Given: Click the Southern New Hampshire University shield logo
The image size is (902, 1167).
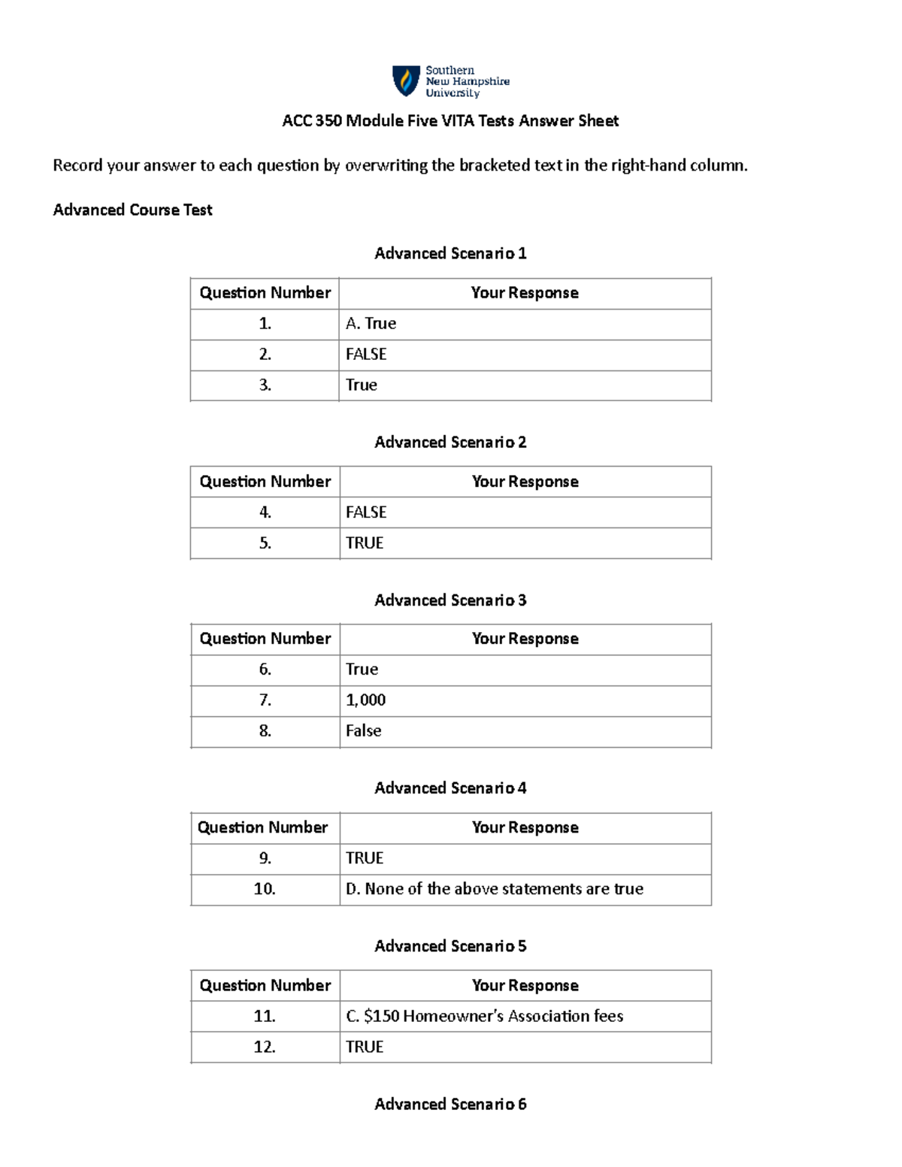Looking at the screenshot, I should [x=406, y=81].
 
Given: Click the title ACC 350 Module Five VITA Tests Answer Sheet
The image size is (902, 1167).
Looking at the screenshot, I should [x=450, y=121].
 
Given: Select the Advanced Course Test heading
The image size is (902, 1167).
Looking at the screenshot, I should [x=132, y=210].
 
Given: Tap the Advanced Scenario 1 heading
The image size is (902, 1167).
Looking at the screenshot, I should [x=450, y=254].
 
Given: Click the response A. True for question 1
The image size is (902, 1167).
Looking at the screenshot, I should [x=371, y=324].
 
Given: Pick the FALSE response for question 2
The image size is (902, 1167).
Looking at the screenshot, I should [x=366, y=355].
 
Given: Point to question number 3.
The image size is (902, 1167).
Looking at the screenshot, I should [x=265, y=385].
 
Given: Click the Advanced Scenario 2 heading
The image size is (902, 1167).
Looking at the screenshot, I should [x=450, y=443].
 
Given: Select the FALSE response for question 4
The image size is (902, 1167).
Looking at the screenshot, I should [x=366, y=512].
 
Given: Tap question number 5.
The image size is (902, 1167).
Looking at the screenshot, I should [x=265, y=543].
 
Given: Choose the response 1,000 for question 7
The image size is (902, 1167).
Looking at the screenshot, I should [x=365, y=700].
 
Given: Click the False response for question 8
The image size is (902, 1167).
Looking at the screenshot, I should [x=363, y=731].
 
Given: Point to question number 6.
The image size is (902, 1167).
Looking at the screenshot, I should [x=265, y=670].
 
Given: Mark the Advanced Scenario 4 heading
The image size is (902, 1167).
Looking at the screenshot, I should [x=450, y=788].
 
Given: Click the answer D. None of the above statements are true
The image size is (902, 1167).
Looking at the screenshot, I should [x=494, y=889].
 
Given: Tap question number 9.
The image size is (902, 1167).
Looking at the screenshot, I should [x=265, y=858].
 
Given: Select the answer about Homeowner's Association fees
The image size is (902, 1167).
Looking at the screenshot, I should [x=484, y=1017].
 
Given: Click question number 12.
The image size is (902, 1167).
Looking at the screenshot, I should [x=265, y=1048].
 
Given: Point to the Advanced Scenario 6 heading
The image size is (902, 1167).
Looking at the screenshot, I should [x=450, y=1105].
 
